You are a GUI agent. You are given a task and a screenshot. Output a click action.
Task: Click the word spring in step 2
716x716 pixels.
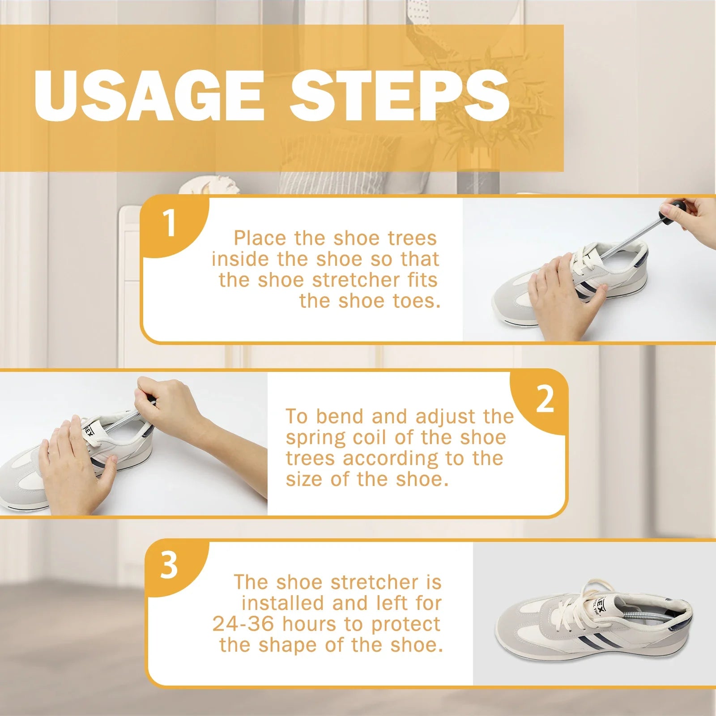[316, 439]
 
